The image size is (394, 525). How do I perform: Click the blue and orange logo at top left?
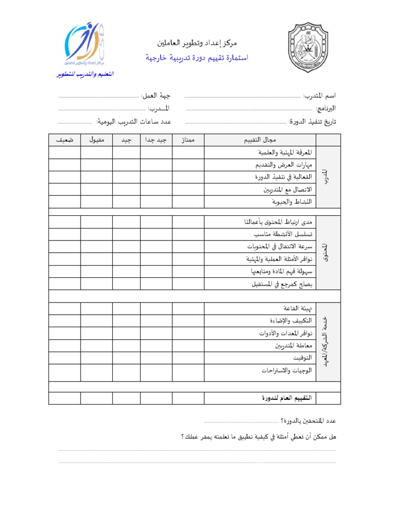[x=85, y=46]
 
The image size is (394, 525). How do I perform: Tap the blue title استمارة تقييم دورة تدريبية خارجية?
[x=196, y=58]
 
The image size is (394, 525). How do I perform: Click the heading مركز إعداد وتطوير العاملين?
[x=197, y=43]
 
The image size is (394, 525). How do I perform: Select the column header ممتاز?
[x=188, y=140]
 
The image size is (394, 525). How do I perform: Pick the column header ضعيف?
[x=64, y=140]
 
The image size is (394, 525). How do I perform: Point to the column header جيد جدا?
[x=156, y=140]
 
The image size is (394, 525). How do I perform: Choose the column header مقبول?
[x=96, y=140]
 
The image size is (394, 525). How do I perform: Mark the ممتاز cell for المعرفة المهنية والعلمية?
[x=188, y=152]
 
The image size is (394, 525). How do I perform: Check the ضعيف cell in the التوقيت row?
[x=64, y=357]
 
